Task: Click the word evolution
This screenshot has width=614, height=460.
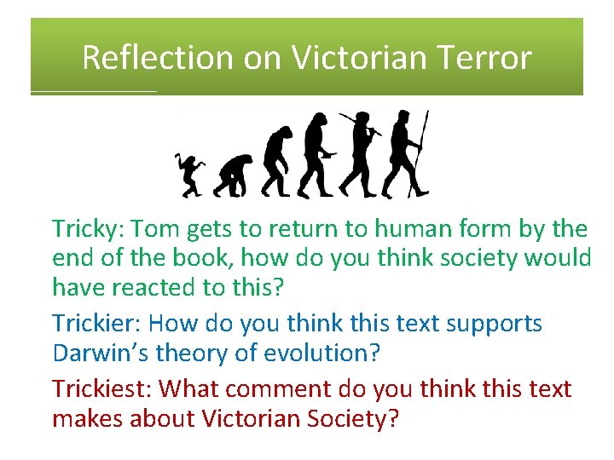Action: coord(329,353)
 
